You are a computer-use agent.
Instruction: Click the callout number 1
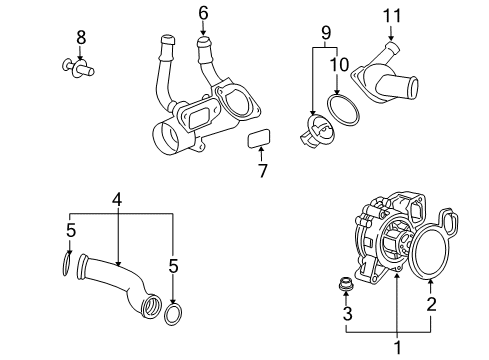click(398, 348)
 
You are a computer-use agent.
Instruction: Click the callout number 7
click(263, 170)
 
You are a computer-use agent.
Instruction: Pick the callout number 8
click(81, 37)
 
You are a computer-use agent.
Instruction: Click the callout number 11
click(391, 16)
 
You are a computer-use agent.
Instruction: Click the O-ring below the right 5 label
click(173, 315)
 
